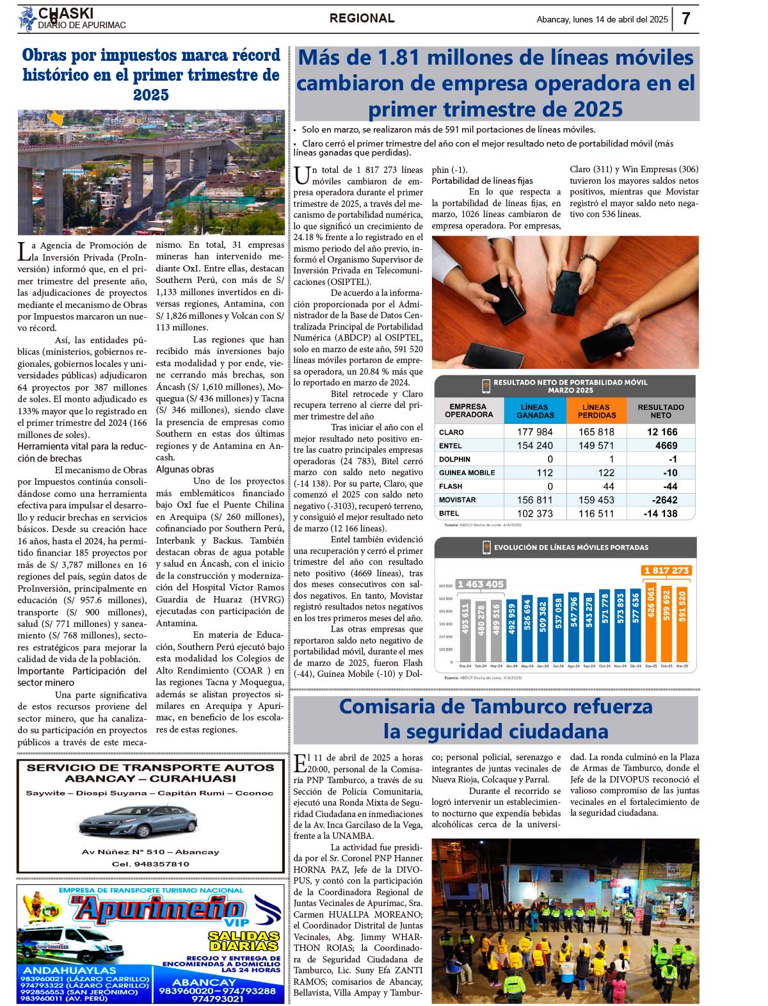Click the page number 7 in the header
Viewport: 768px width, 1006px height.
tap(685, 19)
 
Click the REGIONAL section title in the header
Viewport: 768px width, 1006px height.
tap(362, 19)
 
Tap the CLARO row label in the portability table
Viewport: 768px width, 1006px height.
tap(451, 432)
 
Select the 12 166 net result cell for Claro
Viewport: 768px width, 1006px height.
tap(662, 432)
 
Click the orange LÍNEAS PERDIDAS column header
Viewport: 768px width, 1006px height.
tap(596, 411)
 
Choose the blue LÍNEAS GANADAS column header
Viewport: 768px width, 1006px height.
tap(535, 411)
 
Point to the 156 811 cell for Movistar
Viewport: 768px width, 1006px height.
tap(534, 500)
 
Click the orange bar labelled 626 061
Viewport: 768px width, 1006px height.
tap(652, 624)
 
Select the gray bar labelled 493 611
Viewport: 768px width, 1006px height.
tap(466, 631)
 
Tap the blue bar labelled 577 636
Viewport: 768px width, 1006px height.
tap(636, 626)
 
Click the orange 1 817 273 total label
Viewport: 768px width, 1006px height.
tap(666, 571)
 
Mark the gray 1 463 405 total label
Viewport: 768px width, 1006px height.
tap(480, 584)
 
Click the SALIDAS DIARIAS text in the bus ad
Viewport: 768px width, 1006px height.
tap(244, 941)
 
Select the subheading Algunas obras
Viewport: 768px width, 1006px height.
tap(185, 469)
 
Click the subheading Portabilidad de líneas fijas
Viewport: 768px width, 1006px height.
tap(482, 181)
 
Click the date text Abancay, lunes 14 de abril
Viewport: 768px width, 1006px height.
tap(602, 19)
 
